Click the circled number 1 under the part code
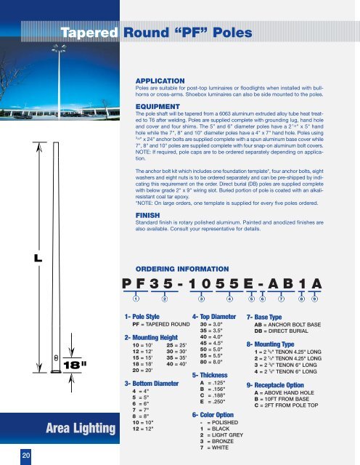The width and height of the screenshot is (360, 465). [x=135, y=297]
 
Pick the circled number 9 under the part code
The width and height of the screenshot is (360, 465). [x=314, y=297]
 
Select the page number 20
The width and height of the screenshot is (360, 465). [x=25, y=455]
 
